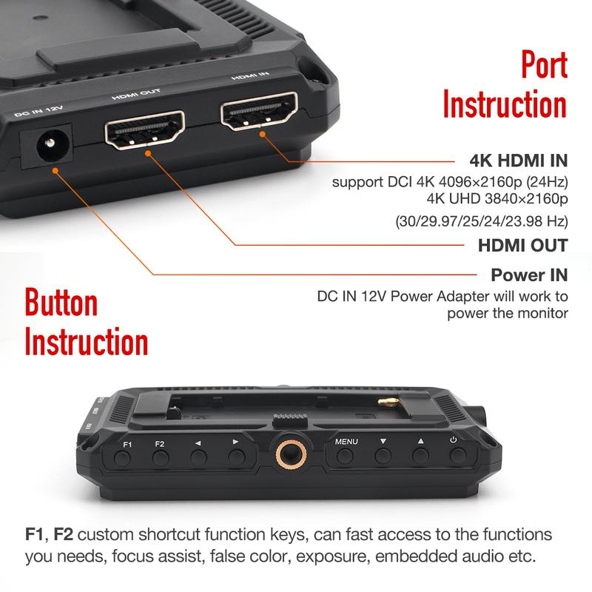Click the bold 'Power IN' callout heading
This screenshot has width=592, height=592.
529,276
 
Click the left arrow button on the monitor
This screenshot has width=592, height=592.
198,457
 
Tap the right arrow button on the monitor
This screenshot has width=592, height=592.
236,457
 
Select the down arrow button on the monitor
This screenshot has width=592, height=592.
383,456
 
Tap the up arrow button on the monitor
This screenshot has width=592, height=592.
420,456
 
